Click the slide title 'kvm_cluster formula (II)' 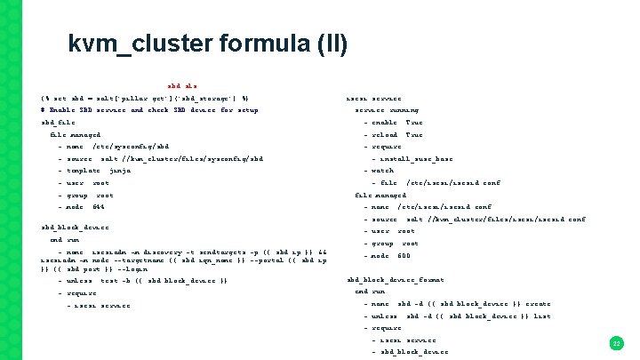pyautogui.click(x=207, y=44)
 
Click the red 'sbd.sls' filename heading pyautogui.click(x=182, y=84)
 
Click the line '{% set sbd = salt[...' pyautogui.click(x=145, y=97)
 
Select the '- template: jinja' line pyautogui.click(x=94, y=170)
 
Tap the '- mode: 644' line pyautogui.click(x=85, y=206)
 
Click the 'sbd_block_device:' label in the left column pyautogui.click(x=76, y=227)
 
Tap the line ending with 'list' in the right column pyautogui.click(x=457, y=316)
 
